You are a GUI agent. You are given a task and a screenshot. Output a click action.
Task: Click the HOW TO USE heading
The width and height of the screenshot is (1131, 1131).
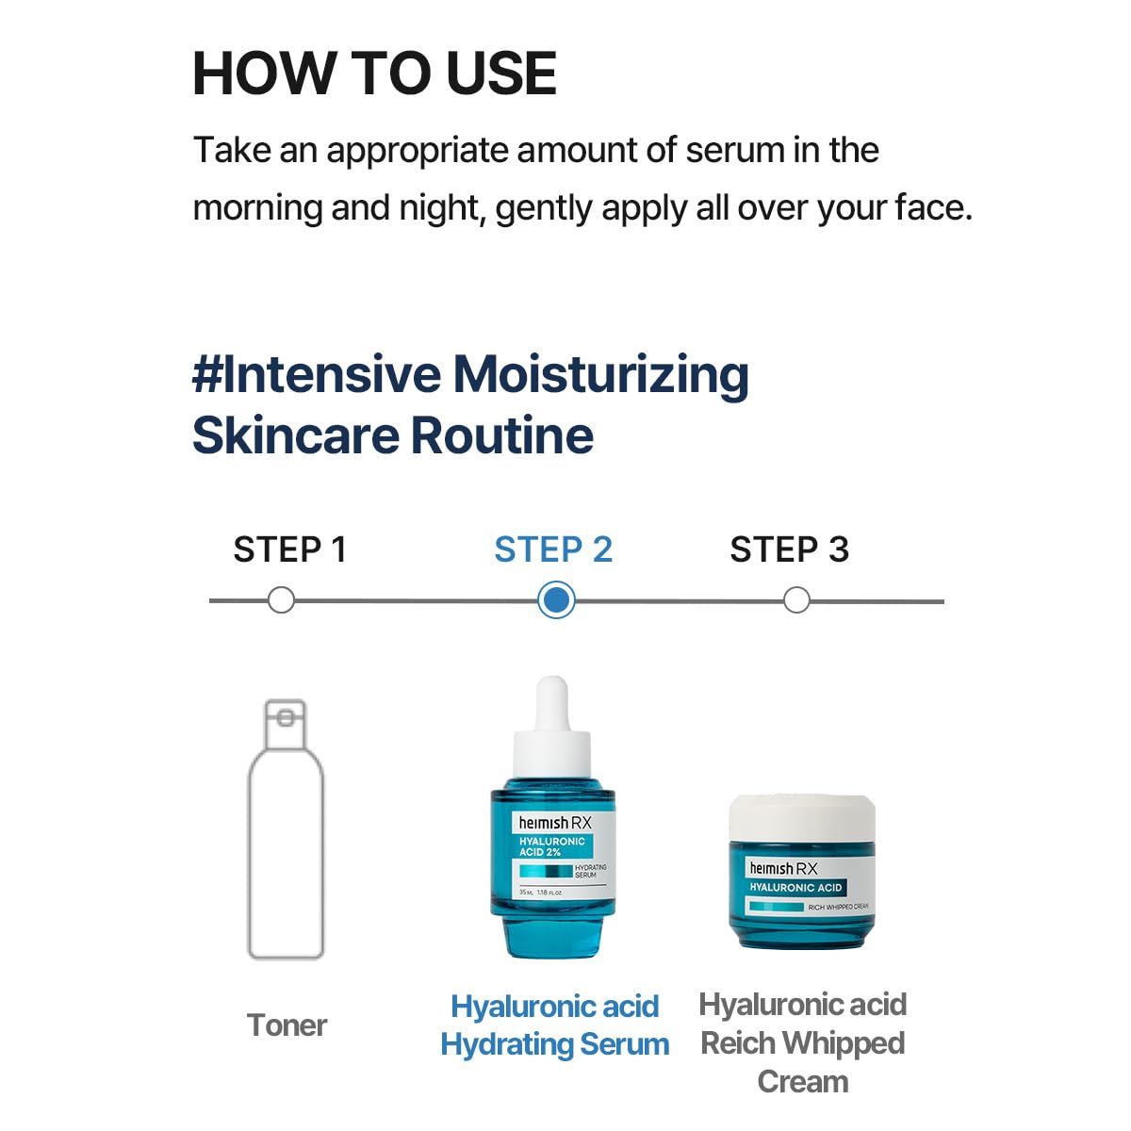coord(374,74)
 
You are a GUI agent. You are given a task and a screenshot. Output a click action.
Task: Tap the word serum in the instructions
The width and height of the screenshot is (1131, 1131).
coord(735,151)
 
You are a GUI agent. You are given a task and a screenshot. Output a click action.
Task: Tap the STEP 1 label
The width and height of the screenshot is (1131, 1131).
coord(289,549)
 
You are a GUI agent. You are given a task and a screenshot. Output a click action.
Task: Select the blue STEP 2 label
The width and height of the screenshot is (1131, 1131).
coord(553,549)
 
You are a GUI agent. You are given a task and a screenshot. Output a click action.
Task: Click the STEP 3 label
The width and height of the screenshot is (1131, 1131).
coord(789,549)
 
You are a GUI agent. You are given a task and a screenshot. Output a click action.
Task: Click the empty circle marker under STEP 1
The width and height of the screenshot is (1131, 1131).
coord(281,600)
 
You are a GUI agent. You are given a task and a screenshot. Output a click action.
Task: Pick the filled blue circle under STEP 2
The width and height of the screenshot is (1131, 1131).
coord(556,600)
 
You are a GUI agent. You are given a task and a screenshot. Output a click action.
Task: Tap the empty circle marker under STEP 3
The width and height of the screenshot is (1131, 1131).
coord(796,600)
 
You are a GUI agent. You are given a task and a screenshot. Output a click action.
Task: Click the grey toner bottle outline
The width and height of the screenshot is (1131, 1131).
coord(286,848)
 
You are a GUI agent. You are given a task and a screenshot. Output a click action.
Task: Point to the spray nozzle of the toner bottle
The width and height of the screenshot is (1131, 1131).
coord(285,719)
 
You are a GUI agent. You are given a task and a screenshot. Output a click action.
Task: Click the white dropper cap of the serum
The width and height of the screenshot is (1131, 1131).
coord(552,726)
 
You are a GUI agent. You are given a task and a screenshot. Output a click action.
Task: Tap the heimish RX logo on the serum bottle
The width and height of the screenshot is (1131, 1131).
coord(554,823)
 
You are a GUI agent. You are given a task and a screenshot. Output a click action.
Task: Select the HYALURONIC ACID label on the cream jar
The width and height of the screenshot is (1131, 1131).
coord(795,888)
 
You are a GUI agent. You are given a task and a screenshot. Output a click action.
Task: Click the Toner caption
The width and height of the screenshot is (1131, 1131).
coord(287,1025)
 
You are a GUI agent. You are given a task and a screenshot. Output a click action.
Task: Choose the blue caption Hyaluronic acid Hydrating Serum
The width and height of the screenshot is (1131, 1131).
coord(554,1025)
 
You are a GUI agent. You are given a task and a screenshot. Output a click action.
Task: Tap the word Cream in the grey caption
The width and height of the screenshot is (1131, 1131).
coord(802,1082)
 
